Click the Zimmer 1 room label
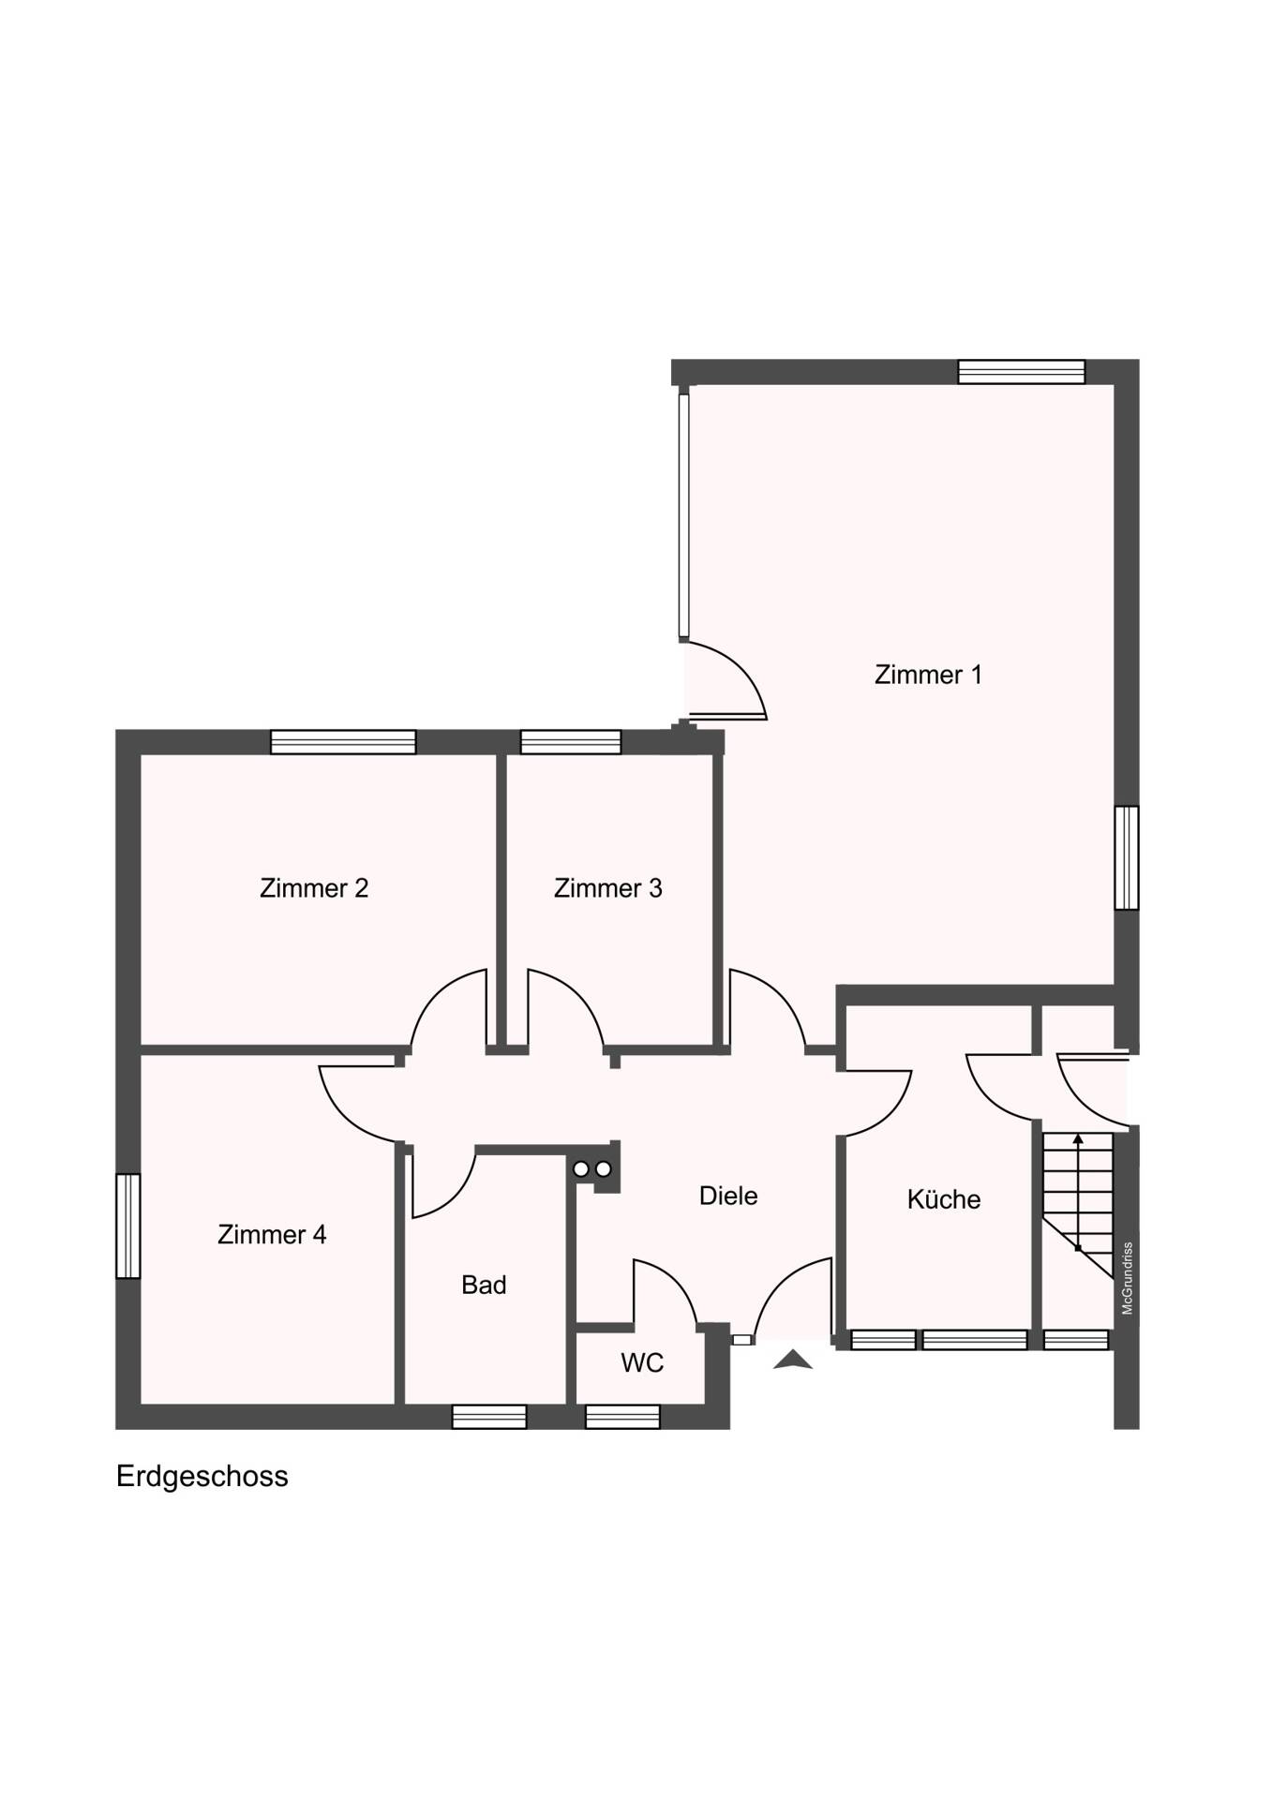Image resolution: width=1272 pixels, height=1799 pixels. (x=927, y=675)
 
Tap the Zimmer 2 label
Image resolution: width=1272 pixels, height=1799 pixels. (x=313, y=887)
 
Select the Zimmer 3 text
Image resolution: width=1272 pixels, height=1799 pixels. (x=607, y=887)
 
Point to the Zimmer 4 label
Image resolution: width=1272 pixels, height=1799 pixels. (x=272, y=1234)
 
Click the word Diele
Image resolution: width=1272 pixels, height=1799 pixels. (x=728, y=1196)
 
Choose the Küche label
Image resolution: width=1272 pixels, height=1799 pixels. (x=943, y=1199)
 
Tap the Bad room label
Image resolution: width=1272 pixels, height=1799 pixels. (x=484, y=1285)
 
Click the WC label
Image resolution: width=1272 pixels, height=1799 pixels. (x=642, y=1362)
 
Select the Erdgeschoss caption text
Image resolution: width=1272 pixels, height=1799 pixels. (x=202, y=1477)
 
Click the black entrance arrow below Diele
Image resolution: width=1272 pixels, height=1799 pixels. (x=793, y=1360)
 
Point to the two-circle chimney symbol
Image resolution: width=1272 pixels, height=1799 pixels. (x=592, y=1169)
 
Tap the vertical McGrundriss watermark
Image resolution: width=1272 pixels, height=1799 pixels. (x=1128, y=1278)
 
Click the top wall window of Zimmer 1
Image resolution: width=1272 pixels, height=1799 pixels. (x=1021, y=372)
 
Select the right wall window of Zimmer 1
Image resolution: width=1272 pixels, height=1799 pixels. (x=1127, y=857)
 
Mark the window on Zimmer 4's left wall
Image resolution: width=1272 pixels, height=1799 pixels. (x=127, y=1226)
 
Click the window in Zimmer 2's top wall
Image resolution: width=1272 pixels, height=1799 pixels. (x=343, y=742)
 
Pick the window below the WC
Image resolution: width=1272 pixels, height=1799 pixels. (x=622, y=1417)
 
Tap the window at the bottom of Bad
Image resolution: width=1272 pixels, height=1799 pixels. (x=489, y=1417)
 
